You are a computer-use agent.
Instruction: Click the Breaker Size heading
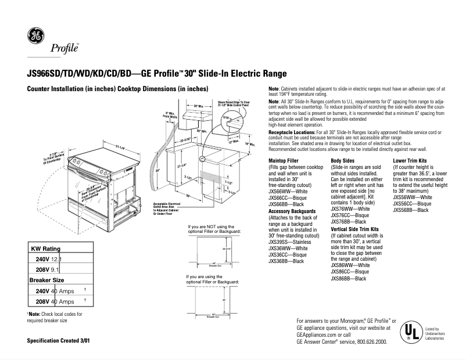tap(46, 280)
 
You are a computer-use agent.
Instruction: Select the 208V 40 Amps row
tap(55, 302)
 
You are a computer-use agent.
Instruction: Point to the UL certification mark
tap(411, 333)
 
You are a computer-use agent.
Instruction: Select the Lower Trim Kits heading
tap(410, 160)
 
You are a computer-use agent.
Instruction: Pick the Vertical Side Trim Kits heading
tap(354, 229)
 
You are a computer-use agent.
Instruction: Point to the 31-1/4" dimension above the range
tap(123, 144)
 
